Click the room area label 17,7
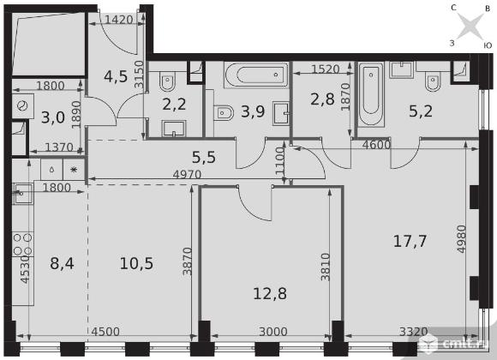[410, 241]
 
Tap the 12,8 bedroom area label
[270, 293]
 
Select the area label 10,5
[136, 264]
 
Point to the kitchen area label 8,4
[62, 263]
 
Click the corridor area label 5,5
[204, 157]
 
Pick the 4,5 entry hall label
[116, 76]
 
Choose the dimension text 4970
[187, 174]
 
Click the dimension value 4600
[376, 145]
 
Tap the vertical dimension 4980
[462, 239]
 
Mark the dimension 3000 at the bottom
[273, 332]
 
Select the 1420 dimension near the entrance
[119, 20]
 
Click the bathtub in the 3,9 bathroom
[256, 75]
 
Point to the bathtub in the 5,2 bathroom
[371, 94]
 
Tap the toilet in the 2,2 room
[167, 81]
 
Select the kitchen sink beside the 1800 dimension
[22, 194]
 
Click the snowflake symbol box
[74, 170]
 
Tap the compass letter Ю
[488, 45]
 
